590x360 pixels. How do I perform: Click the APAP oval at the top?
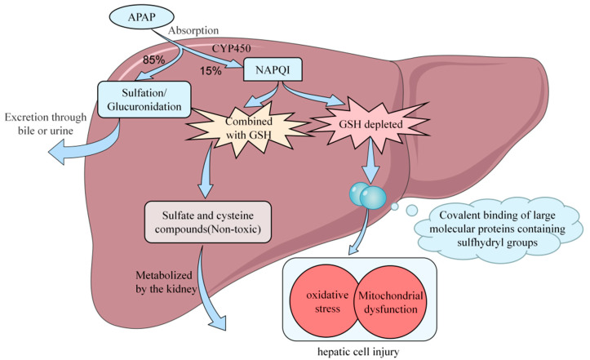[142, 18]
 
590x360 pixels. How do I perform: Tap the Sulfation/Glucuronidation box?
[144, 100]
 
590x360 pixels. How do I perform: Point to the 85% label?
[153, 60]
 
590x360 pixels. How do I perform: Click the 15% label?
[211, 71]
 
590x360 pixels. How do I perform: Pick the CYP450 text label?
[232, 49]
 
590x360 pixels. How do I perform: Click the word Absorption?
[193, 30]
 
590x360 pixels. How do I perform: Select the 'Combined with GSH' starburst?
[248, 128]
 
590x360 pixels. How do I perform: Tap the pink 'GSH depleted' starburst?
[370, 124]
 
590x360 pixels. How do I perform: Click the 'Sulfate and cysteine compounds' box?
[208, 222]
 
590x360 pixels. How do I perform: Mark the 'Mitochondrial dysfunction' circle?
[390, 302]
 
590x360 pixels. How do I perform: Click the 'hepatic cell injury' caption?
[358, 352]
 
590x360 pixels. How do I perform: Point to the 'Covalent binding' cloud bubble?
[498, 229]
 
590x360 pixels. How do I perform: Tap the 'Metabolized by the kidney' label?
[166, 282]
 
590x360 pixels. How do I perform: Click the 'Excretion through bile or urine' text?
[46, 124]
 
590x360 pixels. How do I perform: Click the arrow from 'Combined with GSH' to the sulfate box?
[206, 171]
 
